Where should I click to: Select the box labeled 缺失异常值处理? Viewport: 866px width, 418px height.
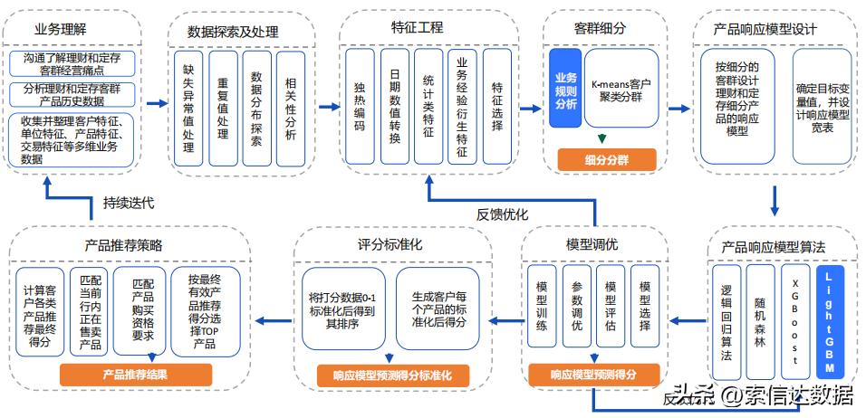188,108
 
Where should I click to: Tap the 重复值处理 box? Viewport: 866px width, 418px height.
223,108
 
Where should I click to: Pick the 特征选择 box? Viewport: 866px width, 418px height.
497,107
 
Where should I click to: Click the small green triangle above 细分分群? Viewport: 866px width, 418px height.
601,139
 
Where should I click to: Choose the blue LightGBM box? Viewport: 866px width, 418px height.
830,321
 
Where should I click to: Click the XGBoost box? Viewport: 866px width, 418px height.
794,321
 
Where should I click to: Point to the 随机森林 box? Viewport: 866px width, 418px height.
760,321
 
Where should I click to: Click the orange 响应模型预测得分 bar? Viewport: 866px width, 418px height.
592,375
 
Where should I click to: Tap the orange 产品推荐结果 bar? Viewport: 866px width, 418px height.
137,375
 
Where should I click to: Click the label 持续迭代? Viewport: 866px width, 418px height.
129,203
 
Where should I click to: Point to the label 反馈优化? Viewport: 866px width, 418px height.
502,214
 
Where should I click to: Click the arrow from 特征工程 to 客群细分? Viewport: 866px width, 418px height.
530,108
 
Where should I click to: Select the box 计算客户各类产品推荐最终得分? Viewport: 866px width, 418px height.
39,312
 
